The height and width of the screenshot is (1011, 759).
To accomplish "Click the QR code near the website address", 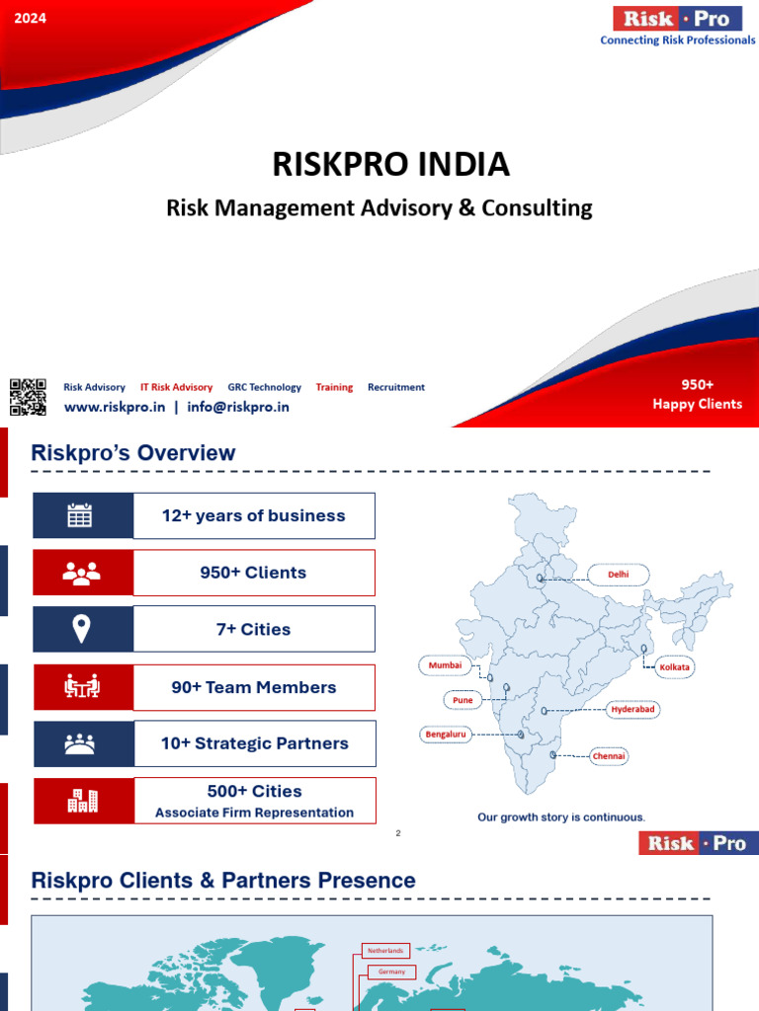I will (x=28, y=396).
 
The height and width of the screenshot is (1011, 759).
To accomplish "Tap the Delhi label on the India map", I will (x=618, y=574).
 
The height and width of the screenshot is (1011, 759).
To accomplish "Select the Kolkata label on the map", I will (x=675, y=667).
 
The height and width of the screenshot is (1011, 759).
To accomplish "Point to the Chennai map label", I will (x=609, y=756).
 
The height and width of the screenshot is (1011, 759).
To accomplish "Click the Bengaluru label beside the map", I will (x=447, y=735).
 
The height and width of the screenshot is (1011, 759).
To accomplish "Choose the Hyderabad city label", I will (x=633, y=710).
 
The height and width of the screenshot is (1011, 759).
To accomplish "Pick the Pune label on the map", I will (x=463, y=700).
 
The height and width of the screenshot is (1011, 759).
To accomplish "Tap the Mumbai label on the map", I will (x=445, y=665).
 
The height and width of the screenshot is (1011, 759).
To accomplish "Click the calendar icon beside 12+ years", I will (x=80, y=515).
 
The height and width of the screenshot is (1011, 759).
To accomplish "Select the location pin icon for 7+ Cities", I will (x=80, y=628).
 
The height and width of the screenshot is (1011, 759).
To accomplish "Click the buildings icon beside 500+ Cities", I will (x=82, y=801).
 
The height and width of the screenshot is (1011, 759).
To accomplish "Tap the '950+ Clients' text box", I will (x=253, y=573).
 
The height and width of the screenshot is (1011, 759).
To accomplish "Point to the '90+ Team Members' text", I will (x=253, y=687).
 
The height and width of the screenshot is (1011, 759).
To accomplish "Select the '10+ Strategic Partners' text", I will (x=254, y=743).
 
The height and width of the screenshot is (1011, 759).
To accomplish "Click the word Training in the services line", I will (x=334, y=387).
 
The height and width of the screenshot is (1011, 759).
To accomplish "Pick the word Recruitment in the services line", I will (x=396, y=387).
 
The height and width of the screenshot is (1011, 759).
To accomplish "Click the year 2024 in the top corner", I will (x=31, y=18).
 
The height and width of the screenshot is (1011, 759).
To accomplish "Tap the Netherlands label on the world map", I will (x=385, y=951).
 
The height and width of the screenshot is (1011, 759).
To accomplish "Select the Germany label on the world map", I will (x=391, y=972).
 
